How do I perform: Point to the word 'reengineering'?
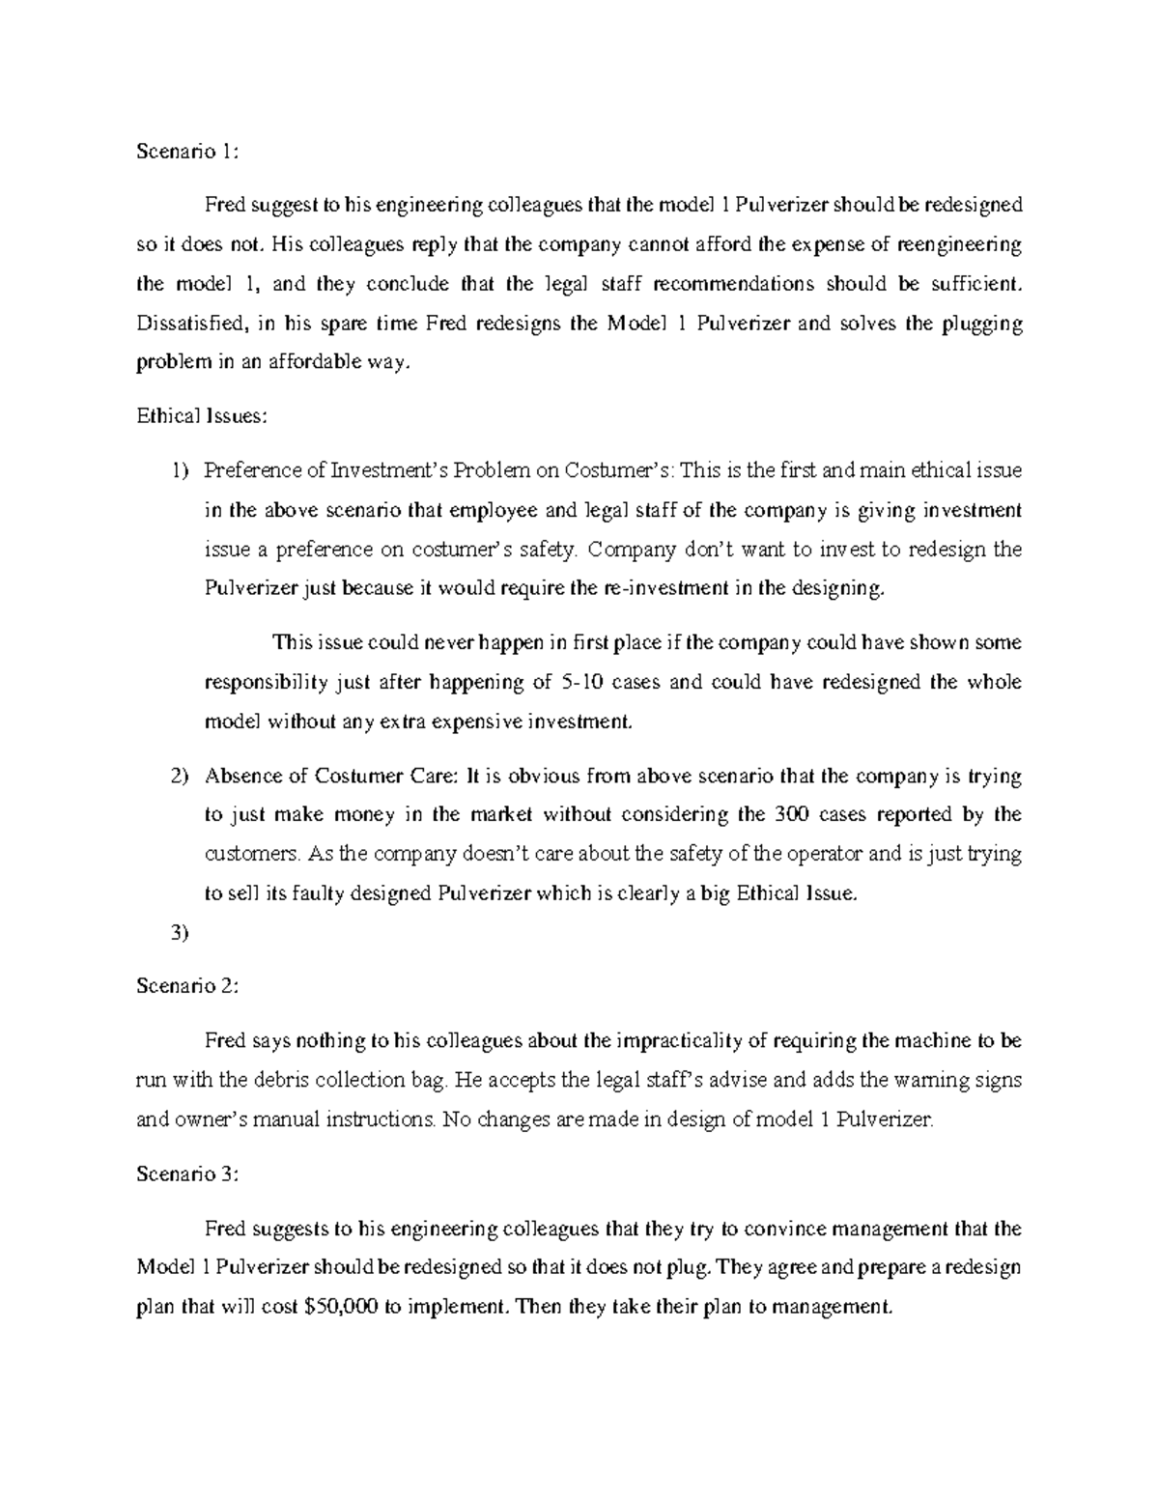[x=959, y=244]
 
